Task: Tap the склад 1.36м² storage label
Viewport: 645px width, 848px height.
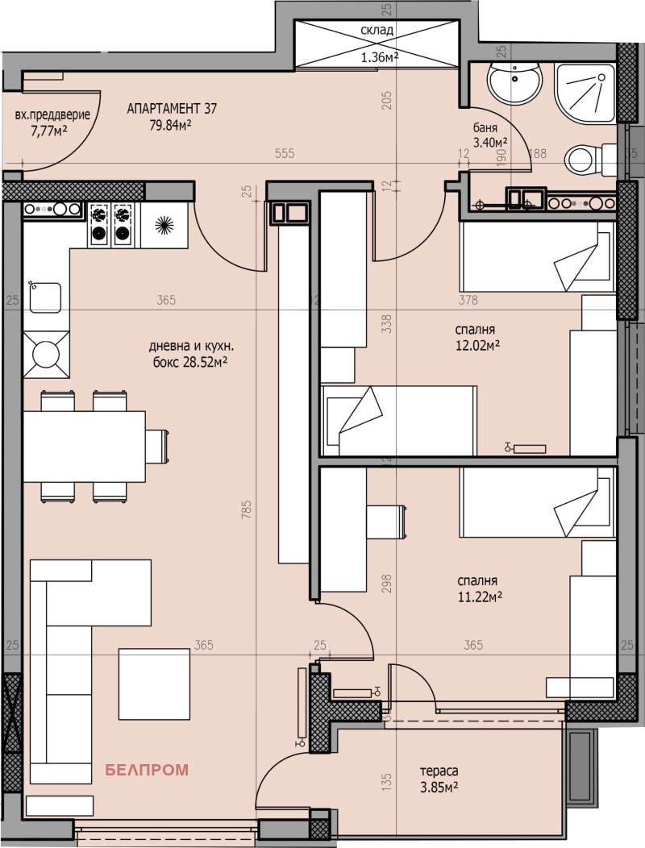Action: [x=377, y=44]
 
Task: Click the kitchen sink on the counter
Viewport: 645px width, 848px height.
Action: [x=46, y=297]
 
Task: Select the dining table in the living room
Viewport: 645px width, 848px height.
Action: [x=84, y=445]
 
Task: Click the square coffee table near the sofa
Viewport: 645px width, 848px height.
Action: [x=155, y=684]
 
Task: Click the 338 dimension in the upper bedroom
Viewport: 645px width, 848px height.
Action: [x=386, y=323]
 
